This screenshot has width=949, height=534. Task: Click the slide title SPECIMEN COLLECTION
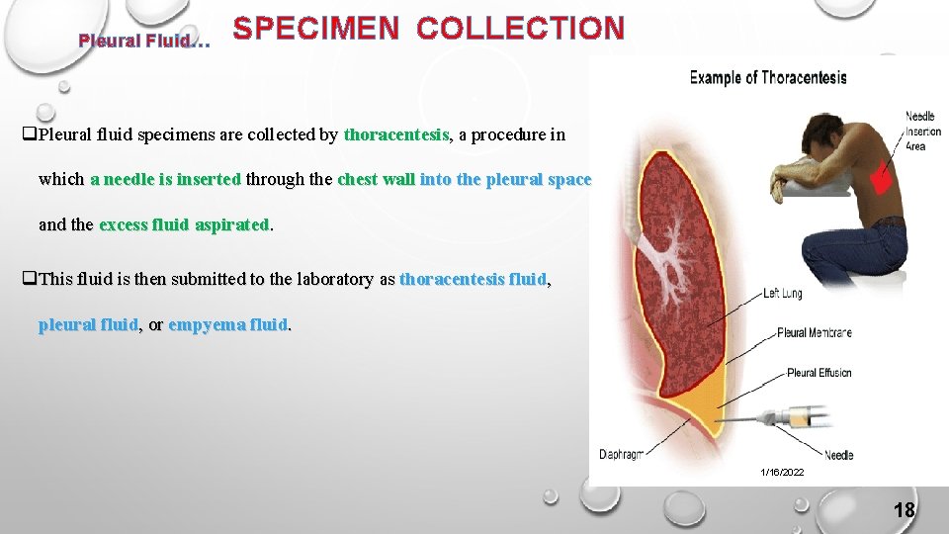pyautogui.click(x=428, y=29)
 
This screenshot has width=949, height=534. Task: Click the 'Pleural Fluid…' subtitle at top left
pyautogui.click(x=144, y=42)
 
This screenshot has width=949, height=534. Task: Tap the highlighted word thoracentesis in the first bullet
pyautogui.click(x=396, y=134)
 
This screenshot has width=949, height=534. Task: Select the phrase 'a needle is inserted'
pyautogui.click(x=165, y=179)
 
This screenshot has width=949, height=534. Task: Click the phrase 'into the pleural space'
pyautogui.click(x=505, y=179)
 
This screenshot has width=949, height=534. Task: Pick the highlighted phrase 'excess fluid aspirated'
pyautogui.click(x=184, y=224)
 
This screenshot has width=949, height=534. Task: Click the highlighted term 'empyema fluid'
pyautogui.click(x=227, y=324)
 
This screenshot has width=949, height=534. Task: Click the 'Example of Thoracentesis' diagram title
pyautogui.click(x=767, y=78)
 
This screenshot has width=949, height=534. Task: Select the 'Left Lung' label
pyautogui.click(x=782, y=294)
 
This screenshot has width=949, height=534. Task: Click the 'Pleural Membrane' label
pyautogui.click(x=814, y=333)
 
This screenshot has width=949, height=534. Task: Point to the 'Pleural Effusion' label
pyautogui.click(x=819, y=373)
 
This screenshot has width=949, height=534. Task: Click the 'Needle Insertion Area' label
pyautogui.click(x=923, y=132)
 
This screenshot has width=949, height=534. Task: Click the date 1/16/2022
pyautogui.click(x=782, y=473)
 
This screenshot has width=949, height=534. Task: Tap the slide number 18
pyautogui.click(x=904, y=510)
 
